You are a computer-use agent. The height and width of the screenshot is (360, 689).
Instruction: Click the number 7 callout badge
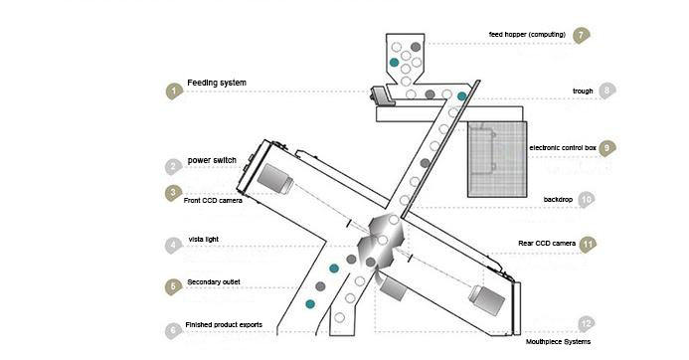tap(581, 35)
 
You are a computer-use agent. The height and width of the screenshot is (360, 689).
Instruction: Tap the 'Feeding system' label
tap(217, 83)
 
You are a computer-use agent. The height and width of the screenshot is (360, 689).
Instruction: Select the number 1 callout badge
tap(174, 91)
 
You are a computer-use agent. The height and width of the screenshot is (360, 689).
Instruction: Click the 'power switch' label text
tap(212, 160)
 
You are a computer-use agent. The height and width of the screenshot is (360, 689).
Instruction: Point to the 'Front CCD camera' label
tap(213, 201)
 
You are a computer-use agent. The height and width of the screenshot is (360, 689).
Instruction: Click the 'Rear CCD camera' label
tap(547, 243)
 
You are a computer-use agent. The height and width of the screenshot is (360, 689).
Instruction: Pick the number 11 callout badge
tap(588, 245)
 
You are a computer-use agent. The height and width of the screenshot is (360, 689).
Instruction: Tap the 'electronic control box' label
tap(563, 148)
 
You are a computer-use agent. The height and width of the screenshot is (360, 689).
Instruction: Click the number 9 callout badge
tap(606, 148)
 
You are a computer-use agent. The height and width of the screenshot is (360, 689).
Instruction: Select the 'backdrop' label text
tap(558, 200)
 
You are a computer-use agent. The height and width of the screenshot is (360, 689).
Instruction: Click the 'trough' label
tap(583, 90)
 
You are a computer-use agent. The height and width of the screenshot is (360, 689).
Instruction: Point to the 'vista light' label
tap(204, 240)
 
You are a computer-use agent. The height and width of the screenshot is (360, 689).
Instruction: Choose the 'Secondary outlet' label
tap(214, 282)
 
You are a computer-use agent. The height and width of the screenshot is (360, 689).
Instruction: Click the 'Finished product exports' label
tap(224, 325)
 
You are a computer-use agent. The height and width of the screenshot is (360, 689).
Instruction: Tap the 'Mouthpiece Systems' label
tap(558, 341)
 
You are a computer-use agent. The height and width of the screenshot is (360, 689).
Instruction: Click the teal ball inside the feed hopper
tap(394, 63)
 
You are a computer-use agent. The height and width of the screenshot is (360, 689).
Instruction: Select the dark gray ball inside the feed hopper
tap(416, 47)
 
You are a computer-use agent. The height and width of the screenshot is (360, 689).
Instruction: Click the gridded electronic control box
tap(497, 159)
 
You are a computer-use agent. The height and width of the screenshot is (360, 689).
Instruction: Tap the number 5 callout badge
tap(173, 286)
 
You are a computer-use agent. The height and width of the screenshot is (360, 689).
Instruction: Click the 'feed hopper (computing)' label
tap(527, 34)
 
